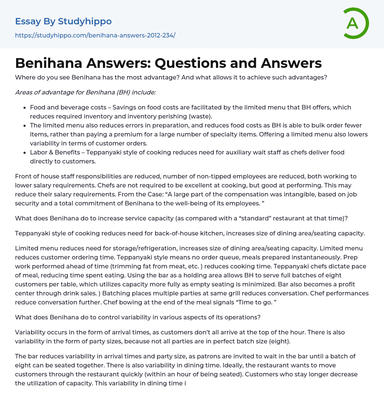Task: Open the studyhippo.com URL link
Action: [x=95, y=35]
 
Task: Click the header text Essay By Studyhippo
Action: [x=63, y=21]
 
